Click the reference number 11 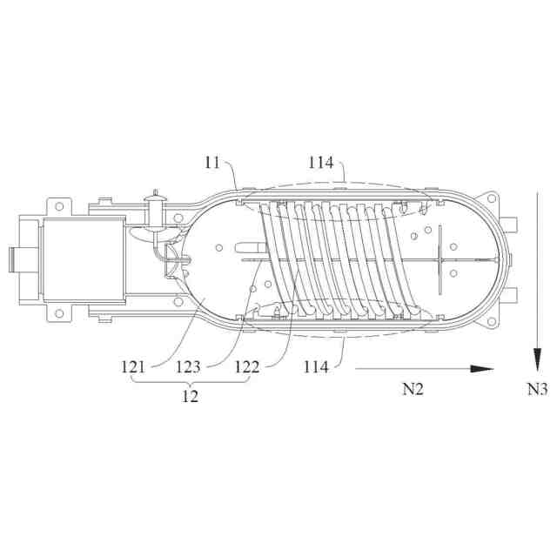click(x=212, y=163)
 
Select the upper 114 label click(x=321, y=163)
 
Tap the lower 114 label click(x=316, y=366)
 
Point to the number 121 click(x=133, y=366)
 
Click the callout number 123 click(x=188, y=366)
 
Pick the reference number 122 click(x=247, y=366)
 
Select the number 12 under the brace click(x=190, y=396)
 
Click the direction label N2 click(x=413, y=389)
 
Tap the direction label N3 click(x=537, y=389)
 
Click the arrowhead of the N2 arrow click(x=482, y=369)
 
